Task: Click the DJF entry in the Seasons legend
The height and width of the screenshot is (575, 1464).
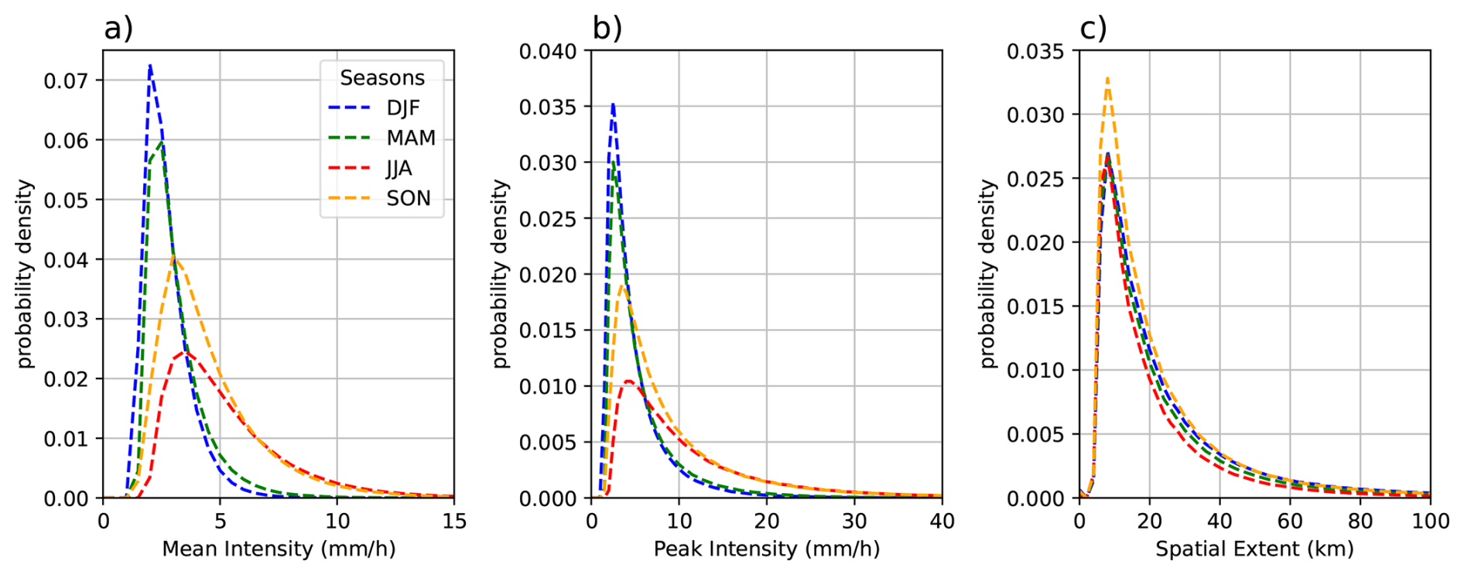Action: tap(402, 108)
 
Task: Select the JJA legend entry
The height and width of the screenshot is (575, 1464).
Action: tap(399, 169)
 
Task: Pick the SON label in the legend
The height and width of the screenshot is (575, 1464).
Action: tap(408, 199)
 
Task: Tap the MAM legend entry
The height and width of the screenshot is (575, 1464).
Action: tap(410, 139)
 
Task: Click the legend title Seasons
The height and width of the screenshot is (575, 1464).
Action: tap(382, 78)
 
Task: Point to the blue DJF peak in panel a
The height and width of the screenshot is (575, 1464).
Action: tap(150, 66)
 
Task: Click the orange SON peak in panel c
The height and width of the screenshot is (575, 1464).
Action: tap(1108, 78)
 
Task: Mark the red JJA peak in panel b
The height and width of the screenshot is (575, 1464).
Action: tap(628, 382)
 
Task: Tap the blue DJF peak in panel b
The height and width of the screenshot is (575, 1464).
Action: tap(613, 104)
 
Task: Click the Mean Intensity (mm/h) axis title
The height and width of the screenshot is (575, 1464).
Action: tap(279, 549)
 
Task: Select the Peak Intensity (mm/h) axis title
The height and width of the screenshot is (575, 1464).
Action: tap(766, 549)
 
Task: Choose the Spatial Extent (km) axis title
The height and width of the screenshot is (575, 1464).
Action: tap(1254, 549)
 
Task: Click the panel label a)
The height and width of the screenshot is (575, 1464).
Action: tap(118, 29)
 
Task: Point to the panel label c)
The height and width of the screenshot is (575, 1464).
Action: tap(1093, 29)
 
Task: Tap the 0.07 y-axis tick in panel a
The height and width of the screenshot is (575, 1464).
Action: tap(67, 80)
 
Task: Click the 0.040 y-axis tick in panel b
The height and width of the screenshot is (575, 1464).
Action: tap(548, 52)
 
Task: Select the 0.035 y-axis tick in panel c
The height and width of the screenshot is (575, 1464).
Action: tap(1035, 52)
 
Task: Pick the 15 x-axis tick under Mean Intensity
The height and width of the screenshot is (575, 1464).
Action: tap(454, 522)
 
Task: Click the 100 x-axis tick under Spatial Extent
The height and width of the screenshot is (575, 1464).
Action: tap(1430, 522)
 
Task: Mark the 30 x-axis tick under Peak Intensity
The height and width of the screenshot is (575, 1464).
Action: tap(854, 522)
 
